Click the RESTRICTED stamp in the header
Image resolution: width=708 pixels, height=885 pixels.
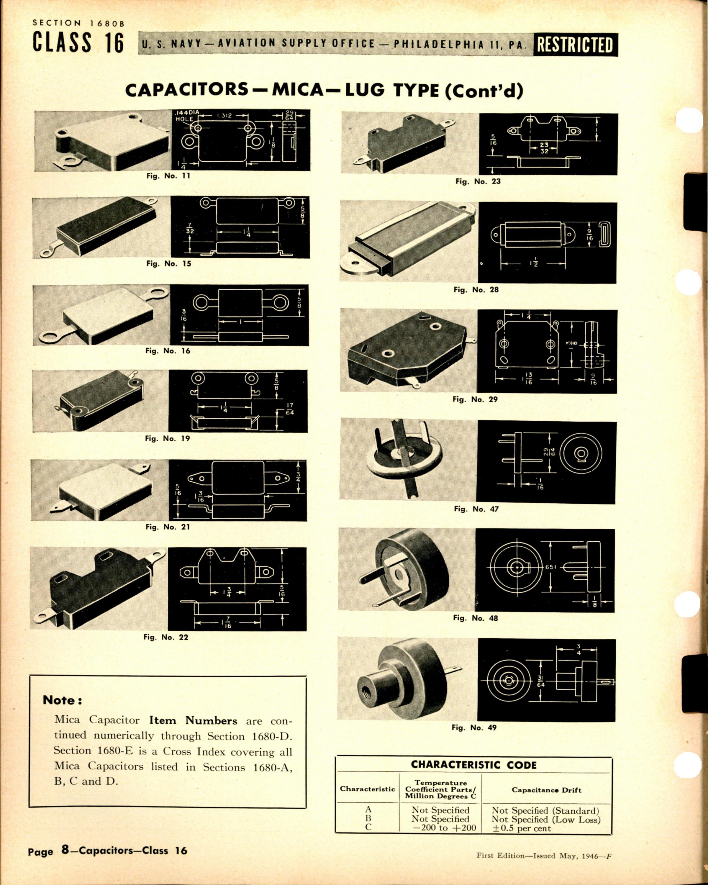(x=575, y=45)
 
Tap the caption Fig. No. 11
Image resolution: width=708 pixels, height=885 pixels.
(x=168, y=176)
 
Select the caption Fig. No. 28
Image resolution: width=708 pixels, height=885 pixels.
(x=476, y=289)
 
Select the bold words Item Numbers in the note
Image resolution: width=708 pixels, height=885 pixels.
(x=193, y=720)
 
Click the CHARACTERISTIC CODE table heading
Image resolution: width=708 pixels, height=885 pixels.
(x=474, y=765)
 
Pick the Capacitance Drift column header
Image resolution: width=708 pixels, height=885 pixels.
(x=546, y=790)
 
